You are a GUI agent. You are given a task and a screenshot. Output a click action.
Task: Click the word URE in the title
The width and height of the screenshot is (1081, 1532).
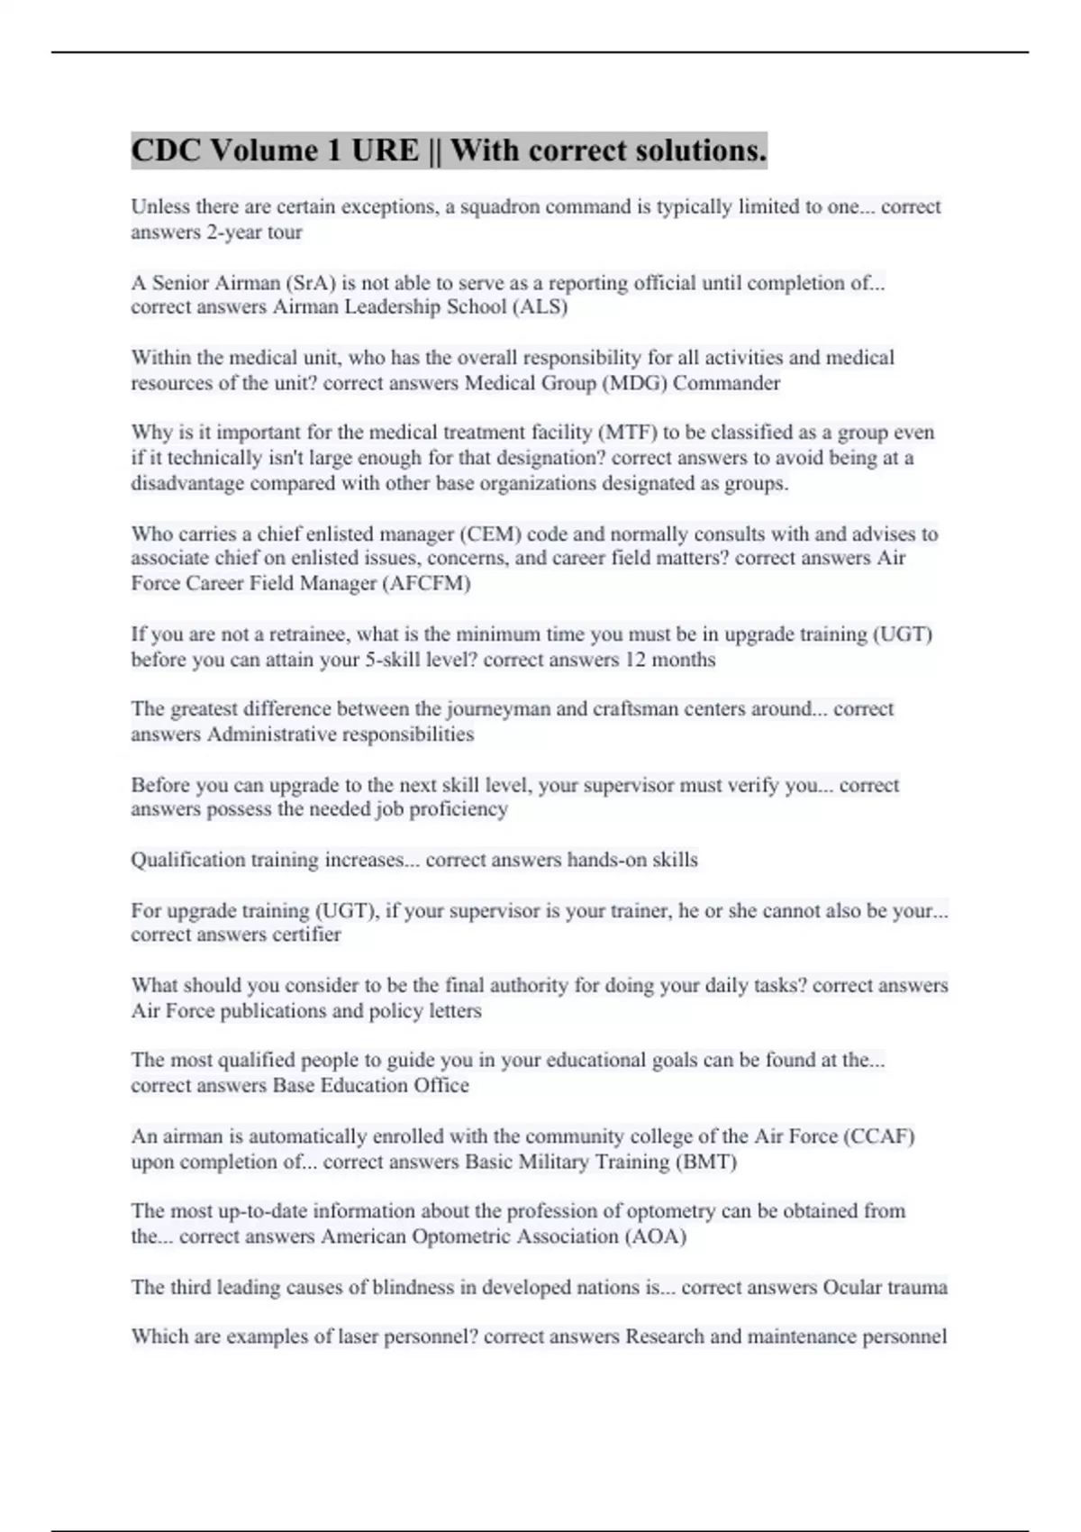coord(385,150)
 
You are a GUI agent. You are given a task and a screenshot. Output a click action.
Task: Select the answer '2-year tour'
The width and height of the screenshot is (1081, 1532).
coord(254,233)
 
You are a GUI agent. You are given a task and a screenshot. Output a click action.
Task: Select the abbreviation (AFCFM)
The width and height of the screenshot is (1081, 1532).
coord(426,583)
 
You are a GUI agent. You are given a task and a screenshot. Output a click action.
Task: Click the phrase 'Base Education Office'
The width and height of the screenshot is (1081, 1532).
coord(370,1086)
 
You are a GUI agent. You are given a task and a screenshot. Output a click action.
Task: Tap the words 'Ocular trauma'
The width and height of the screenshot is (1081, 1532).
coord(885,1287)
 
